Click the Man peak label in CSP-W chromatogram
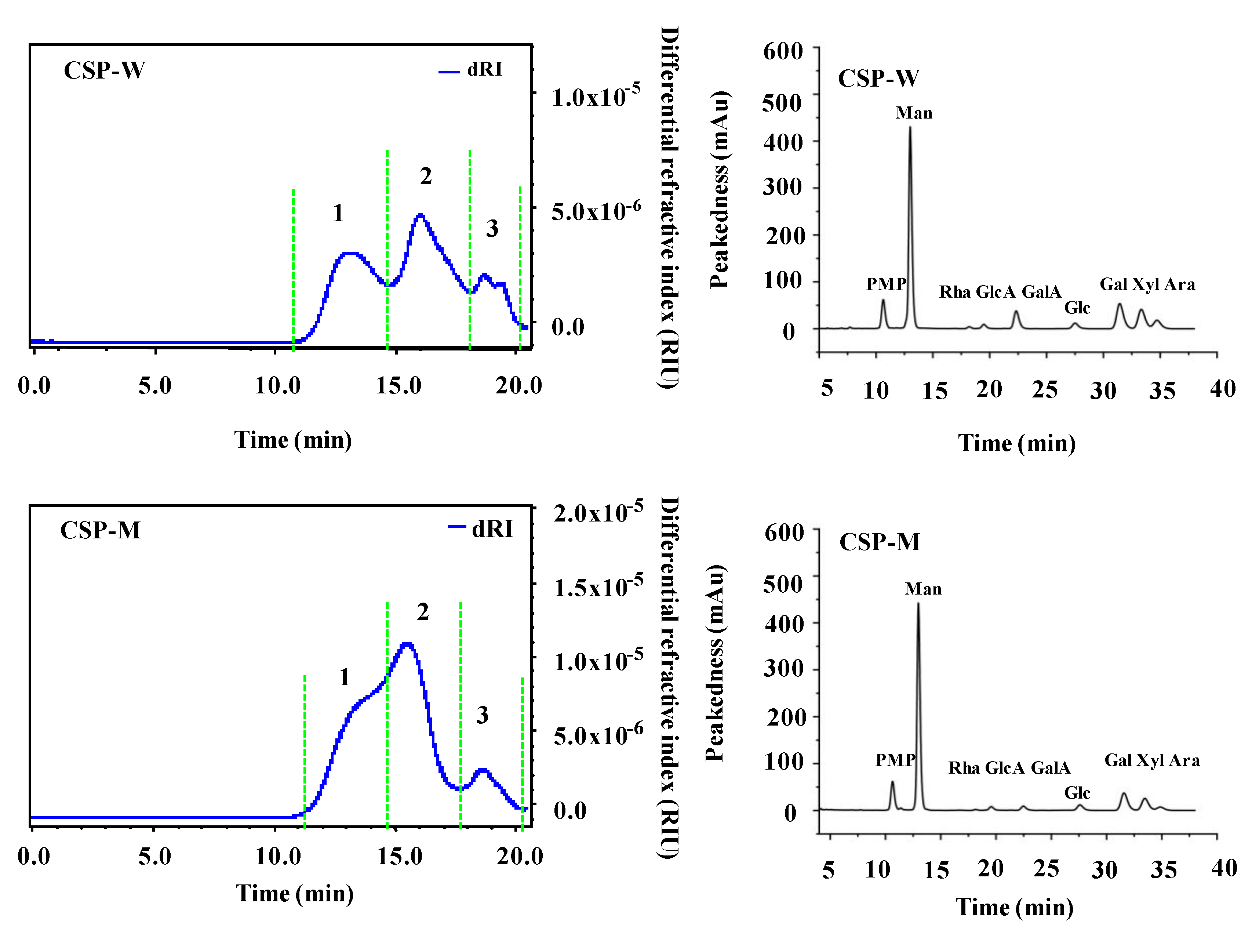pyautogui.click(x=913, y=113)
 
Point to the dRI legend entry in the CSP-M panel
pyautogui.click(x=480, y=529)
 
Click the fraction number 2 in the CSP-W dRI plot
pyautogui.click(x=426, y=177)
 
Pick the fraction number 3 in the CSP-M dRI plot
pyautogui.click(x=482, y=715)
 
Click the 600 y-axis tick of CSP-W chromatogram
pyautogui.click(x=783, y=51)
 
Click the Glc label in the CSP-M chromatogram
pyautogui.click(x=1077, y=793)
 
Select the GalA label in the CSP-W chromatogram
pyautogui.click(x=1041, y=292)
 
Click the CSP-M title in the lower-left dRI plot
pyautogui.click(x=100, y=530)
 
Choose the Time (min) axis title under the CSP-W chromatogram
pyautogui.click(x=1016, y=443)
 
